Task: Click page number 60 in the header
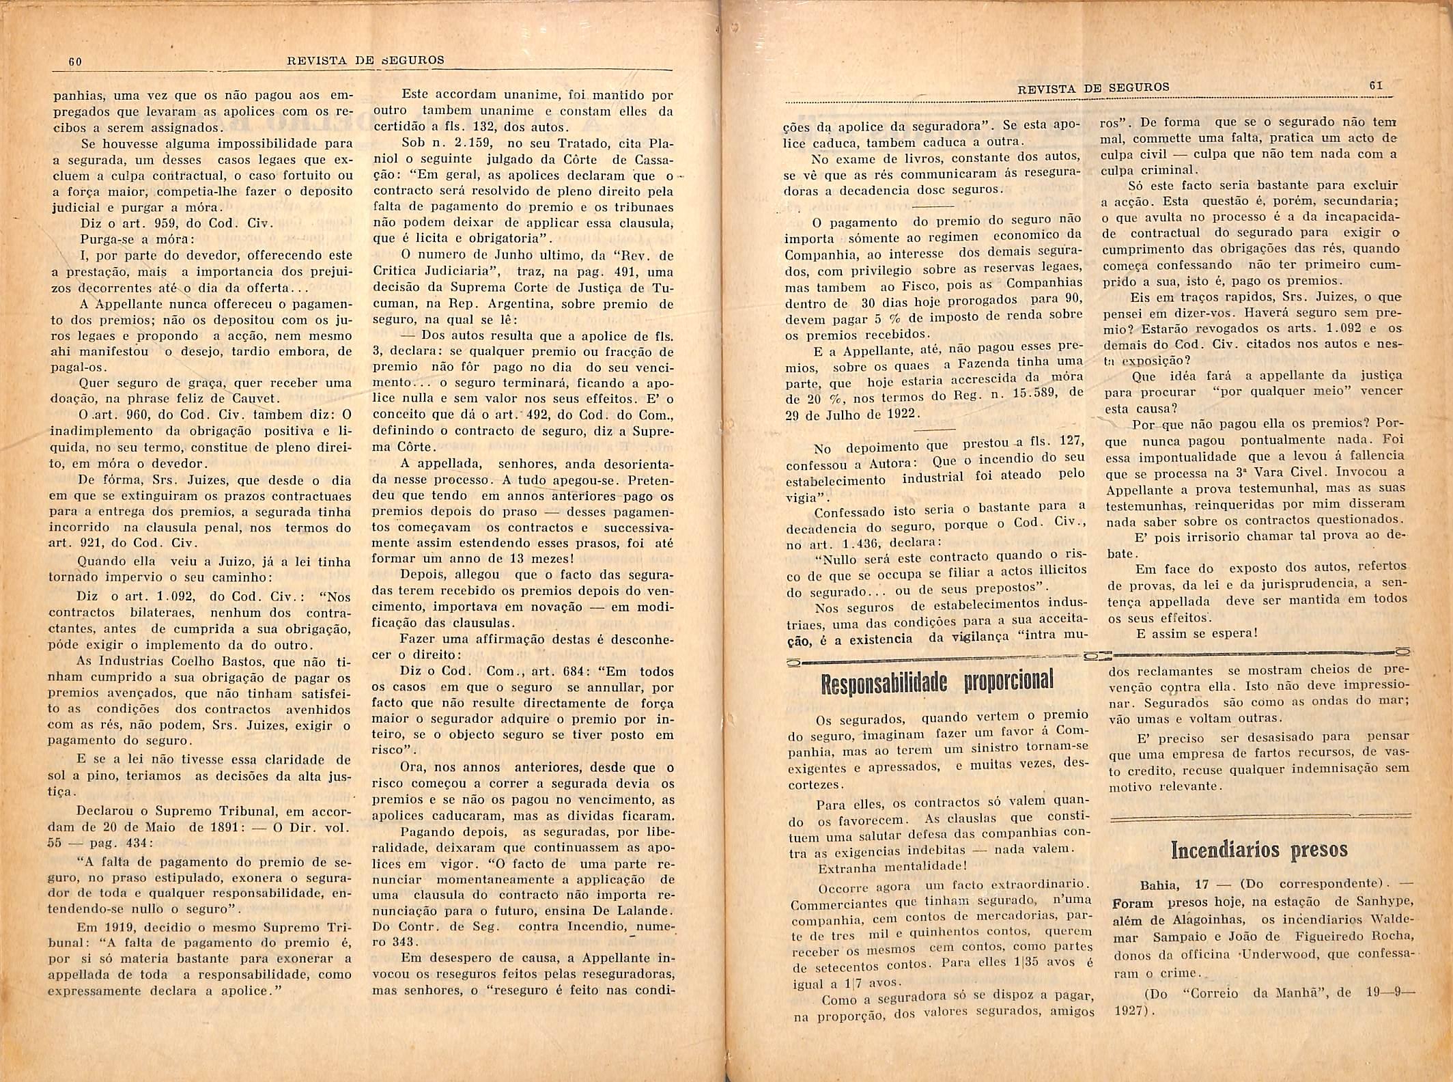tap(75, 61)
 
